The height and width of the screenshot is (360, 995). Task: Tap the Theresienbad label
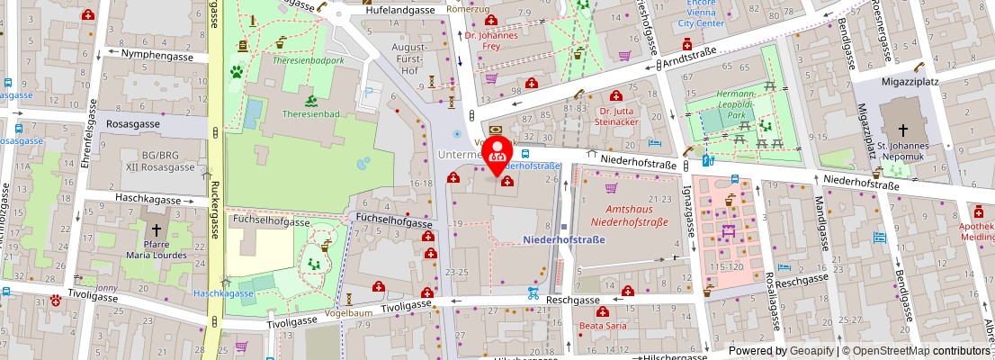click(310, 113)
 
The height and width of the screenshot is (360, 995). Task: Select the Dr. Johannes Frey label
click(493, 42)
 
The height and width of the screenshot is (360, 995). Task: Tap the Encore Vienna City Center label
click(701, 13)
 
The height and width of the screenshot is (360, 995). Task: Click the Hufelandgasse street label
click(400, 10)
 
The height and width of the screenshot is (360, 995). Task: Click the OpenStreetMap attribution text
click(910, 351)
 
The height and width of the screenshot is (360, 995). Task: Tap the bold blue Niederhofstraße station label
click(563, 239)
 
